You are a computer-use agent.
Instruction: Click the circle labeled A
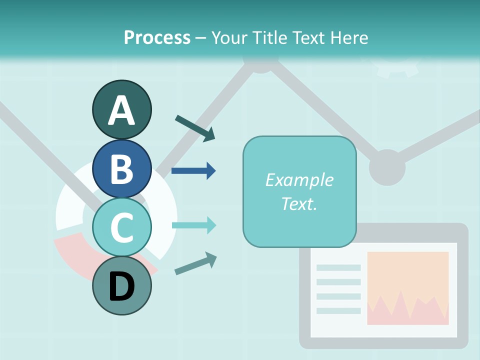[121, 109]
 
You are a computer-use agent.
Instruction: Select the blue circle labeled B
[121, 168]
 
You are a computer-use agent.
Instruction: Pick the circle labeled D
[121, 285]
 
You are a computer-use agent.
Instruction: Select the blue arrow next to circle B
[193, 171]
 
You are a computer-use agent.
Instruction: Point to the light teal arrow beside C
[193, 225]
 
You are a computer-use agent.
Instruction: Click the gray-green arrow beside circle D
[195, 263]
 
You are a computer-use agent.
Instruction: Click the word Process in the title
[157, 37]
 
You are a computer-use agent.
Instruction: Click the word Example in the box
[299, 180]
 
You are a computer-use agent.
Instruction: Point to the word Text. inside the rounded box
[299, 203]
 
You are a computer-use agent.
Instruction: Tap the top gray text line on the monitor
[338, 267]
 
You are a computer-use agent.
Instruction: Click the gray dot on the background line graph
[387, 167]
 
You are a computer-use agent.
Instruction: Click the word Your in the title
[228, 37]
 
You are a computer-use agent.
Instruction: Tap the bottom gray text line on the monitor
[338, 310]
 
